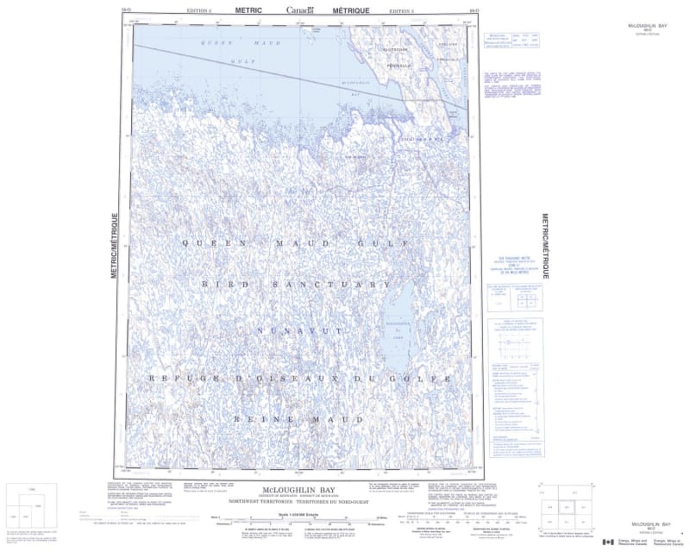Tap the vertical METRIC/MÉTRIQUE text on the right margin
point(544,245)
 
